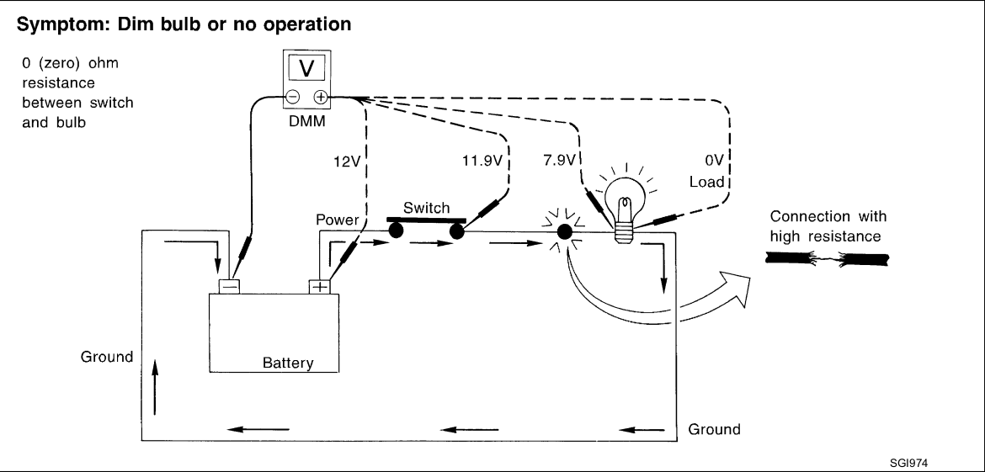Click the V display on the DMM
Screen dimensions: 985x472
click(306, 68)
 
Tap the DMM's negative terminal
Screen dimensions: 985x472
click(293, 98)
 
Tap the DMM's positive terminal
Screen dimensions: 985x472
click(321, 98)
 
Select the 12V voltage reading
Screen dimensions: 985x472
click(346, 162)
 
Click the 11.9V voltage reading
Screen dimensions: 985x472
click(482, 162)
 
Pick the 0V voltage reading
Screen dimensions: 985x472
click(714, 162)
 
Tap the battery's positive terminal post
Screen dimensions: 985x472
click(319, 287)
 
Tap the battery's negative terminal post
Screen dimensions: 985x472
click(229, 287)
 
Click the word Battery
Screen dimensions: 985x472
click(288, 363)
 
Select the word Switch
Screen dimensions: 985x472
click(427, 208)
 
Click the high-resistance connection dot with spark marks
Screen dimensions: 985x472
click(565, 231)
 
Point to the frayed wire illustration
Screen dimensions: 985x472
click(827, 258)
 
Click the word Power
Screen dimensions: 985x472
click(338, 220)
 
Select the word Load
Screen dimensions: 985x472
click(706, 183)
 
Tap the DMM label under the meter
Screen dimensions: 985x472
click(307, 122)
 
